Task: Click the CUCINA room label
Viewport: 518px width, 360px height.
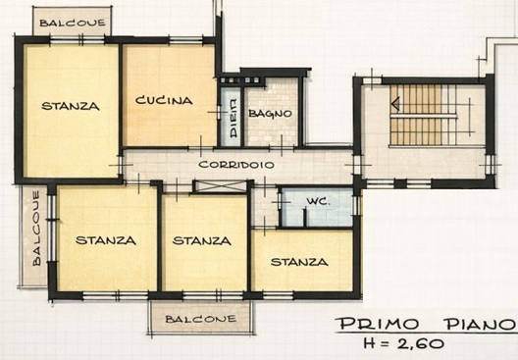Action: coord(164,100)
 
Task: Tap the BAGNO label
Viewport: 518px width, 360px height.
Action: coord(270,113)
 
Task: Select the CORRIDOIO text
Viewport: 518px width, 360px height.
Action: coord(236,165)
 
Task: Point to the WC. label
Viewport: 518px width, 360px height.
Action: coord(318,201)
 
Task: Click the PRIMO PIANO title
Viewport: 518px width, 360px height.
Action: coord(426,324)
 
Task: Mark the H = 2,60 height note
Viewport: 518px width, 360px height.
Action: coord(403,343)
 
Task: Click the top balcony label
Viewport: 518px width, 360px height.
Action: coord(73,23)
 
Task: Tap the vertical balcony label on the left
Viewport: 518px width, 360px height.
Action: coord(36,229)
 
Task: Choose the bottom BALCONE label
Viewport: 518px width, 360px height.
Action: coord(201,319)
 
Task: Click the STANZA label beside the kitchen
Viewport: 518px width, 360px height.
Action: coord(71,106)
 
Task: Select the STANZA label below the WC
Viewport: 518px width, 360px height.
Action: coord(299,262)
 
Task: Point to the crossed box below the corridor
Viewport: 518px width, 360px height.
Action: coord(221,186)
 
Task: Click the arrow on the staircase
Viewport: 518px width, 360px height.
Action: coord(395,104)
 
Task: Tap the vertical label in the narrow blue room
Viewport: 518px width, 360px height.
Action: coord(233,119)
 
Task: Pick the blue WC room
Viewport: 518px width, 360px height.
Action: coord(317,207)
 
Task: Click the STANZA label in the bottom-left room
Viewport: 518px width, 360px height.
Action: coord(106,240)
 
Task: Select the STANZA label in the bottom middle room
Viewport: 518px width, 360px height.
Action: coord(201,240)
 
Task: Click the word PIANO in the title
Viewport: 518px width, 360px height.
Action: coord(482,324)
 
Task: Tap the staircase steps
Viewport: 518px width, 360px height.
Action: coord(423,115)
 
